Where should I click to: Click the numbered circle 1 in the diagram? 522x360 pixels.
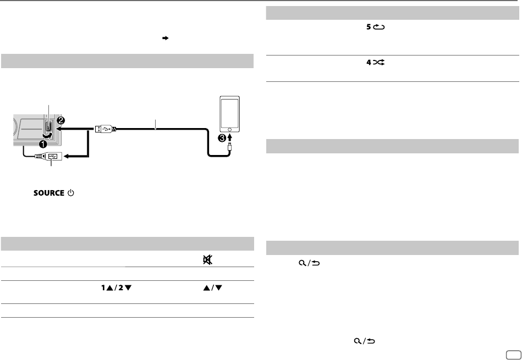pyautogui.click(x=42, y=145)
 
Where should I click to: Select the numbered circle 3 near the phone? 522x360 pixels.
pyautogui.click(x=222, y=139)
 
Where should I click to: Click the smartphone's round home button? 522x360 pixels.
pyautogui.click(x=229, y=129)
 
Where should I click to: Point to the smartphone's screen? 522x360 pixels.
pyautogui.click(x=229, y=112)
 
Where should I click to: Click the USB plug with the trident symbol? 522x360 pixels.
pyautogui.click(x=105, y=129)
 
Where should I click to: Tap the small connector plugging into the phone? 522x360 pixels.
pyautogui.click(x=229, y=147)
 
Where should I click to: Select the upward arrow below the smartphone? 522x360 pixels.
pyautogui.click(x=230, y=137)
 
